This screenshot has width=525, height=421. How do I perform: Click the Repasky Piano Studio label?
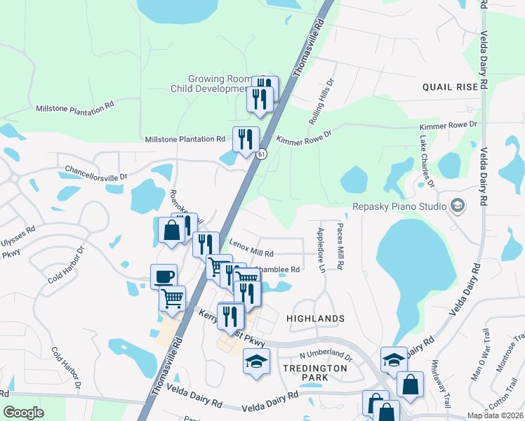(398, 207)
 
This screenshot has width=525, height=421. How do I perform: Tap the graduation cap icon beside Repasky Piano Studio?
(458, 206)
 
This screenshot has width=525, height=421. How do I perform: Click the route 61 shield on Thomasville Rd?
(261, 154)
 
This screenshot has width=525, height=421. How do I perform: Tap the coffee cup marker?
(164, 276)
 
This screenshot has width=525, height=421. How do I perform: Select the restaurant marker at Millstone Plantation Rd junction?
(246, 138)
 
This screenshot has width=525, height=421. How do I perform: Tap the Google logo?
(23, 413)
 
